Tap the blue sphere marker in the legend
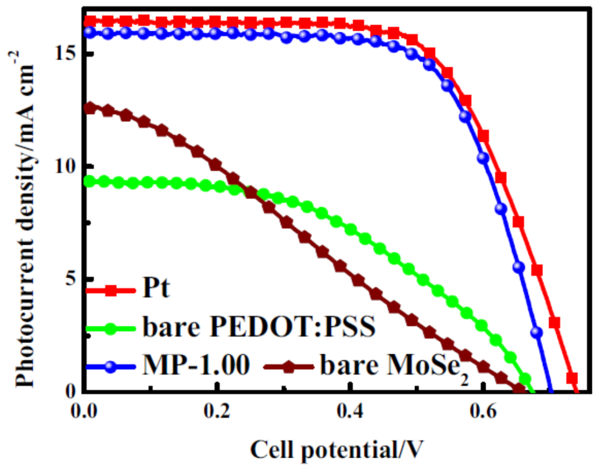[111, 366]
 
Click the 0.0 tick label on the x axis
[84, 412]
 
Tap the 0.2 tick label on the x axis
[217, 412]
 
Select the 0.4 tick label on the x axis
[350, 412]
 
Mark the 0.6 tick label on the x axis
[483, 412]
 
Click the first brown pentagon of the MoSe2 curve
[90, 108]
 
